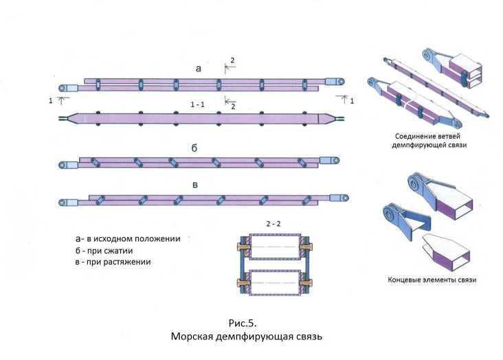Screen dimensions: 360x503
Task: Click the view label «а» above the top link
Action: [199, 69]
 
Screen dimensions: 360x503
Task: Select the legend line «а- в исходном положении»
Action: [128, 238]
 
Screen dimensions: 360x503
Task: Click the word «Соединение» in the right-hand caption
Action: [414, 135]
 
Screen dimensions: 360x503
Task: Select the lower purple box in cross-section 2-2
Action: [274, 282]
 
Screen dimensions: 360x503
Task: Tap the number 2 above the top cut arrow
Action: [232, 60]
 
